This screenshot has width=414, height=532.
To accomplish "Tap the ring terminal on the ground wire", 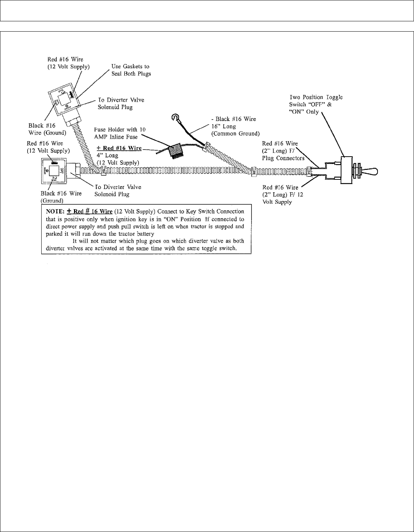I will (x=175, y=118).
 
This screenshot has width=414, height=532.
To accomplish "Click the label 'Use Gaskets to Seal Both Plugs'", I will (x=131, y=70).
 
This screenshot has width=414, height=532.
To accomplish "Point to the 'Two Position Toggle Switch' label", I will (x=316, y=104).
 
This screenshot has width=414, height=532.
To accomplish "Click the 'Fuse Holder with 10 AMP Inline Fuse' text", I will (x=120, y=133).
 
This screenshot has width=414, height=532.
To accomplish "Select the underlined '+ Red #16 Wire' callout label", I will (x=119, y=148).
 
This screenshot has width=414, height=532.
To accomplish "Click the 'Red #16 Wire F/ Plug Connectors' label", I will (x=283, y=151).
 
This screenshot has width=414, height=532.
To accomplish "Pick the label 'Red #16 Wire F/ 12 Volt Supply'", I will (x=283, y=194).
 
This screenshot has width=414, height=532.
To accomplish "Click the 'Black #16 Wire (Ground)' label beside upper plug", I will (x=47, y=129).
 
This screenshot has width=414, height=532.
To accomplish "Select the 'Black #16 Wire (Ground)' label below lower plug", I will (x=61, y=197).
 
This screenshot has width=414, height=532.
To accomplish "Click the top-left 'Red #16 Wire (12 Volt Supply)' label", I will (x=69, y=63).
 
